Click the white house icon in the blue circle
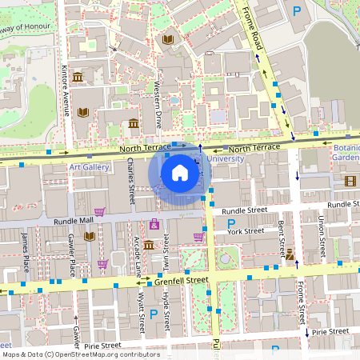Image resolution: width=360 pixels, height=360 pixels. tap(180, 172)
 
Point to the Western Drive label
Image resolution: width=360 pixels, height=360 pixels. tap(158, 103)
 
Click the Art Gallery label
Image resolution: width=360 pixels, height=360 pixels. tap(89, 167)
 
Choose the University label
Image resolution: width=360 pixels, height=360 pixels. tap(226, 159)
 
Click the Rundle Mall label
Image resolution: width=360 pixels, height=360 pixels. tap(74, 220)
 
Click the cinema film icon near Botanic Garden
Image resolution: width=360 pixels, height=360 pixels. tap(349, 180)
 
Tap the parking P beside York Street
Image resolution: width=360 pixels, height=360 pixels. tap(232, 222)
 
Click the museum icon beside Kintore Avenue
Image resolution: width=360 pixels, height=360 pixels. tap(78, 77)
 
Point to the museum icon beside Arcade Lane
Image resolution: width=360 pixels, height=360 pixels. tap(149, 244)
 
